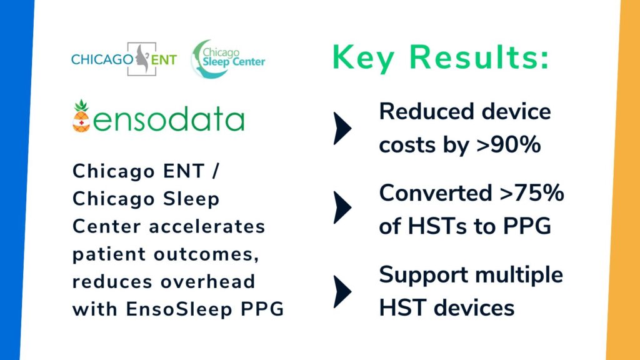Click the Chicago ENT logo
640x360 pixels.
(124, 60)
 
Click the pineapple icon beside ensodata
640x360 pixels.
(81, 117)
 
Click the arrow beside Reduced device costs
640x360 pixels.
(343, 127)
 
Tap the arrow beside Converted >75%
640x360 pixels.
(343, 209)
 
